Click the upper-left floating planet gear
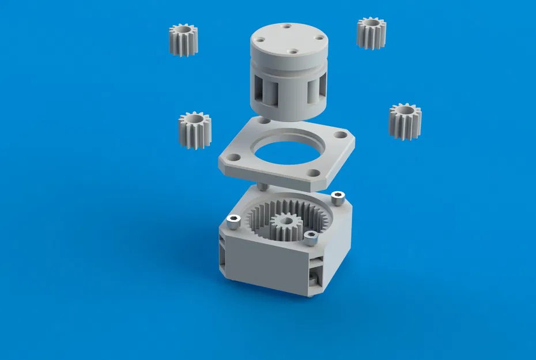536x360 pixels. coord(183,40)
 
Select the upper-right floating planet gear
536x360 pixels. coord(371,33)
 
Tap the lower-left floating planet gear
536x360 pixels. coord(195,130)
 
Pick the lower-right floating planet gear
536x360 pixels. coord(405,121)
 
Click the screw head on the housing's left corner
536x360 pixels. coord(233,219)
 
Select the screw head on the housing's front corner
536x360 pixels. coord(311,236)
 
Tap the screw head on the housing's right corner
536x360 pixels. coord(338,196)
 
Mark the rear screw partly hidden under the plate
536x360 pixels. coord(262,187)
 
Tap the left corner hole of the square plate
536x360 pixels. coord(235,156)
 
